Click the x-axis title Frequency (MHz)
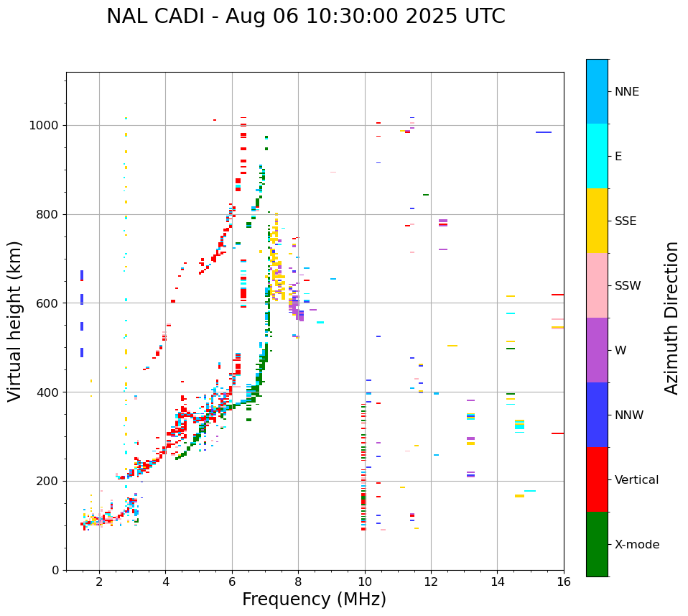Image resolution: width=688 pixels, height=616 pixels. pyautogui.click(x=314, y=599)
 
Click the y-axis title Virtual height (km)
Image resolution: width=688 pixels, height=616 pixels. pyautogui.click(x=15, y=321)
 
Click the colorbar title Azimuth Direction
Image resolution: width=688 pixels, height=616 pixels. pyautogui.click(x=671, y=318)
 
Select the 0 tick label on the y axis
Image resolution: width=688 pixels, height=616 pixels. pyautogui.click(x=55, y=570)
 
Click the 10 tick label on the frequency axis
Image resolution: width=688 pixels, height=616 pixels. pyautogui.click(x=365, y=581)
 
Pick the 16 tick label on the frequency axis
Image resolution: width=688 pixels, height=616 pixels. pyautogui.click(x=564, y=581)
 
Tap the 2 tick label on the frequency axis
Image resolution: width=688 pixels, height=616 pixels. pyautogui.click(x=99, y=581)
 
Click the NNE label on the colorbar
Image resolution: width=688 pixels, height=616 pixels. pyautogui.click(x=626, y=92)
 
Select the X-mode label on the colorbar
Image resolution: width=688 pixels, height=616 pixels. pyautogui.click(x=636, y=545)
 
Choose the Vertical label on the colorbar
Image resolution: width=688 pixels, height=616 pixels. pyautogui.click(x=636, y=480)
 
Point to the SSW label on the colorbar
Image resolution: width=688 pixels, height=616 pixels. pyautogui.click(x=628, y=286)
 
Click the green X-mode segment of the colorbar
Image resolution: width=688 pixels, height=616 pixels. pyautogui.click(x=597, y=544)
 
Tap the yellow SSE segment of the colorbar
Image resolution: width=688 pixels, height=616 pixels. pyautogui.click(x=597, y=221)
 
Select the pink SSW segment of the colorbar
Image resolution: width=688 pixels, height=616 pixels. pyautogui.click(x=597, y=285)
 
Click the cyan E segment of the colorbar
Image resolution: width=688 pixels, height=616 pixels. pyautogui.click(x=597, y=156)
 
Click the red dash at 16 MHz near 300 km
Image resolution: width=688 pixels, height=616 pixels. pyautogui.click(x=557, y=433)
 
